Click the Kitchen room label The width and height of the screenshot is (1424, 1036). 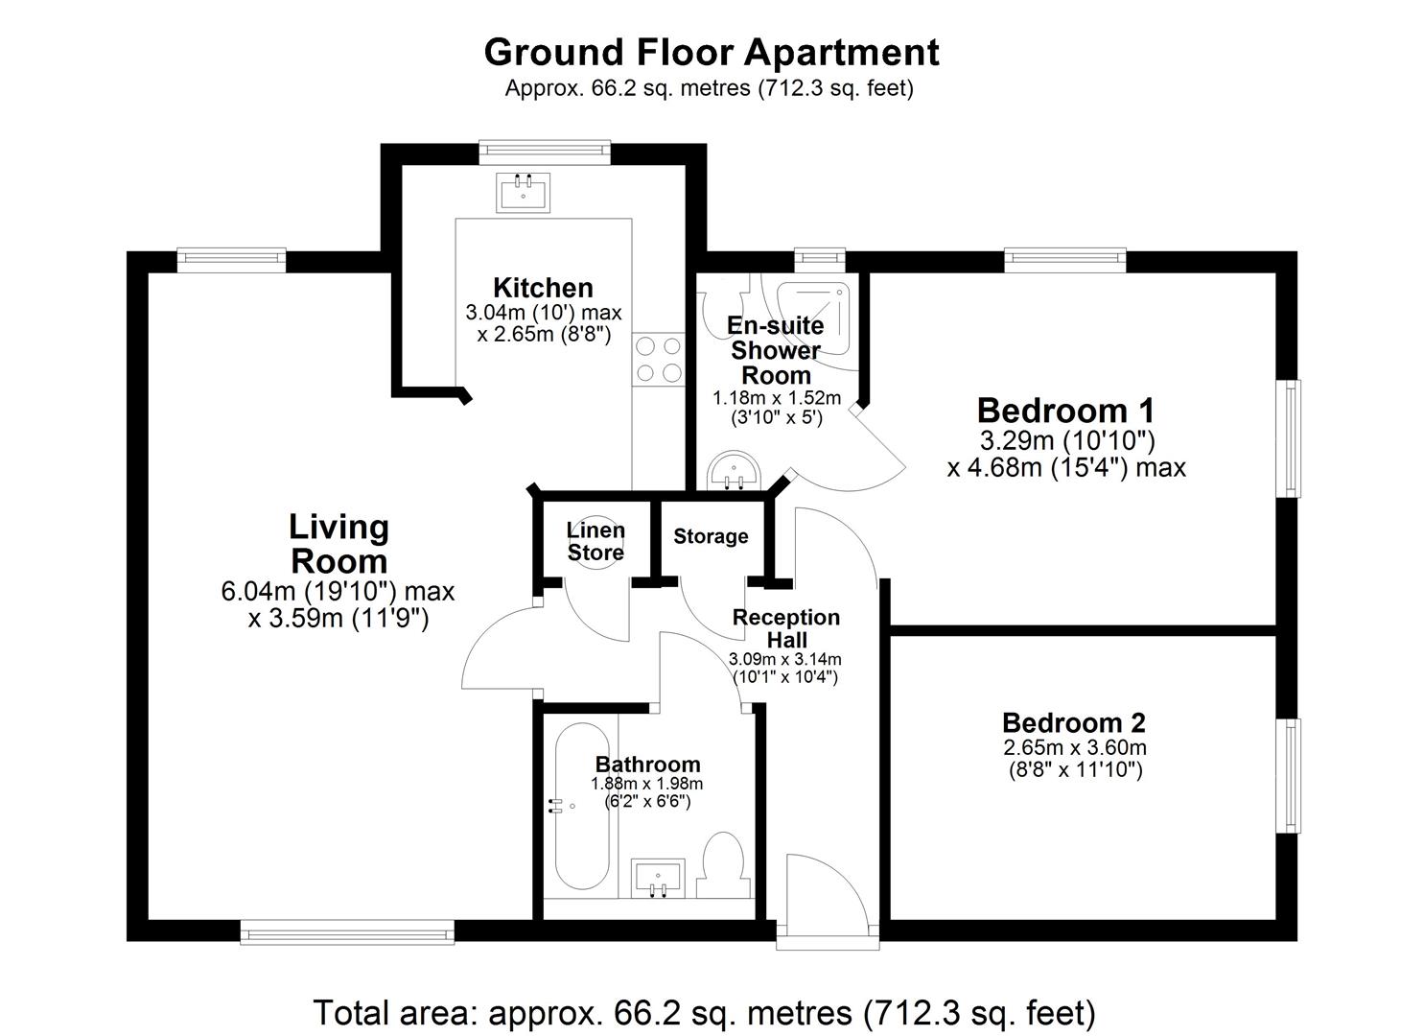[543, 288]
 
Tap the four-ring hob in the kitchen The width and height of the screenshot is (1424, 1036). [659, 360]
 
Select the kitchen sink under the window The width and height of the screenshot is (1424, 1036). [523, 192]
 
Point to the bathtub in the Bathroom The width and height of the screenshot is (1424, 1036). [582, 806]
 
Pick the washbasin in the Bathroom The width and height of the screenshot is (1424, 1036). [658, 878]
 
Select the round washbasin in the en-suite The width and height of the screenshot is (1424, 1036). [735, 471]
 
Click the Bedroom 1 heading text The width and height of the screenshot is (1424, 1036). [1065, 411]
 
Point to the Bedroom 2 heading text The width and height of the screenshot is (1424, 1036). [1074, 723]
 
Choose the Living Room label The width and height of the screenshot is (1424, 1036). [338, 545]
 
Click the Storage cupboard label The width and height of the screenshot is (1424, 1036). [711, 537]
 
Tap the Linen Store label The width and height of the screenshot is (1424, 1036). [595, 541]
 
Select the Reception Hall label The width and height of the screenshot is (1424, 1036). [786, 628]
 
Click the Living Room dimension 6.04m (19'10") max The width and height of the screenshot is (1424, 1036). [338, 592]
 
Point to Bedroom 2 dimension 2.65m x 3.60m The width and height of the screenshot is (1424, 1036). [1075, 747]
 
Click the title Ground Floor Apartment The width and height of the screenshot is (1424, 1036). [712, 53]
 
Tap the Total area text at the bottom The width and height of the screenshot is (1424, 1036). [705, 1012]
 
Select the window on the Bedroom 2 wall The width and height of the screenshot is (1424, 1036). [1290, 776]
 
